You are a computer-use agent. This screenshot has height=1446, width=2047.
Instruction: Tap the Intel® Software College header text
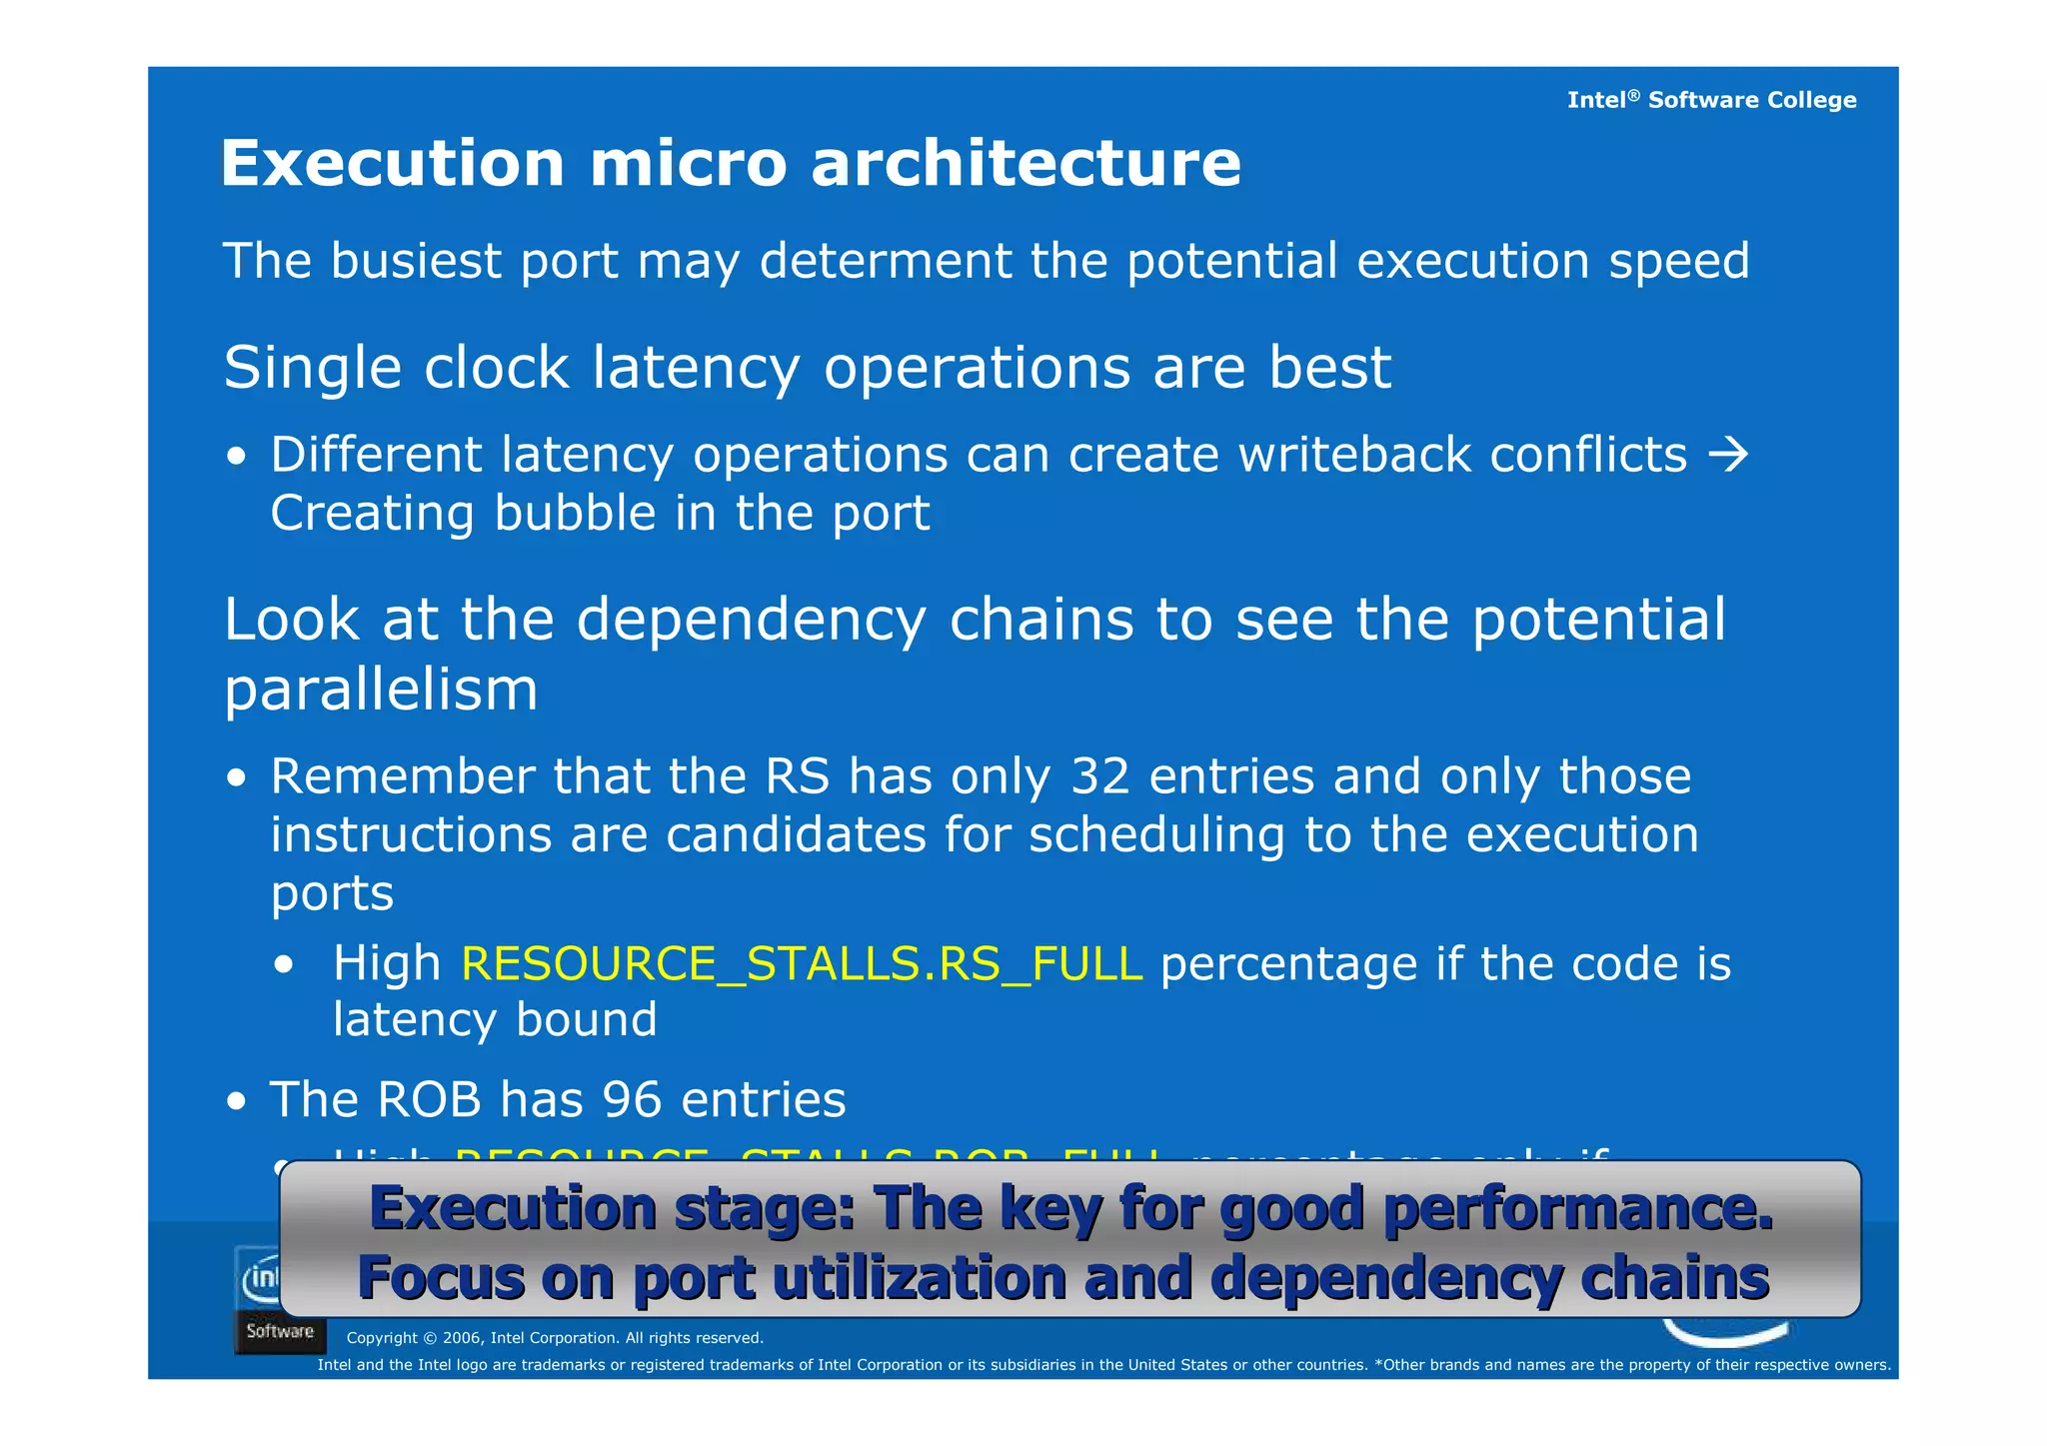click(x=1711, y=100)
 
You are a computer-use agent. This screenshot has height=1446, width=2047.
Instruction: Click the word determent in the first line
click(x=886, y=261)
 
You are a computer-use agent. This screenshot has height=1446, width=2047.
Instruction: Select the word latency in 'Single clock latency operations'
click(x=696, y=368)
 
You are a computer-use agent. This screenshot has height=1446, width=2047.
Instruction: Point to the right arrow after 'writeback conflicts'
click(x=1728, y=455)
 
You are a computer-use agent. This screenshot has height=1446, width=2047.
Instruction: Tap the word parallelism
click(x=381, y=690)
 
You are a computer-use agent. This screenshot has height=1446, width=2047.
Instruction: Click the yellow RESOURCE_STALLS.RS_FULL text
click(x=802, y=964)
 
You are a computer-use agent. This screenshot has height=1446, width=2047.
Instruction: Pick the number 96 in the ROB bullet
click(x=632, y=1100)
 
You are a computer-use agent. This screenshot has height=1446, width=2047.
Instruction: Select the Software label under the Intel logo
click(x=280, y=1332)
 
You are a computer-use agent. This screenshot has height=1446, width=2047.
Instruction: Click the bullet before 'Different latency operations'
click(x=237, y=458)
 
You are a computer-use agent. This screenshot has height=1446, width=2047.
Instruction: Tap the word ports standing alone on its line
click(x=332, y=893)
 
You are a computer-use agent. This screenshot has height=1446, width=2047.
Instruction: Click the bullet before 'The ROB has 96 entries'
click(x=237, y=1102)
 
